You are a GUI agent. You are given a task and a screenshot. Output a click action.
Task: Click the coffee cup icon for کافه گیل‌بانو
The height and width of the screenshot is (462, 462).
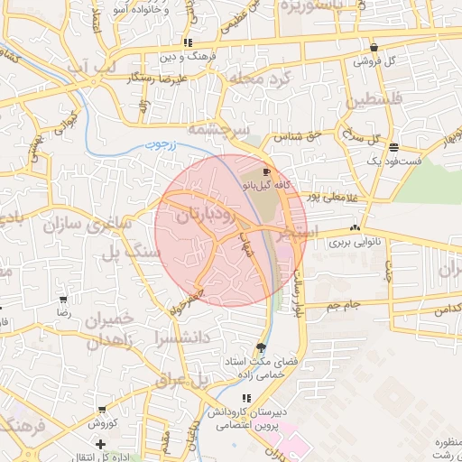[265, 171]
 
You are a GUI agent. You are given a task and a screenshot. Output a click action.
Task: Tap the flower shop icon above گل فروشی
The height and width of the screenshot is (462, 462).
[374, 48]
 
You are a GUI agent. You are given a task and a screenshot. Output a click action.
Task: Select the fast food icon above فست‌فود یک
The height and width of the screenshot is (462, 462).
[393, 146]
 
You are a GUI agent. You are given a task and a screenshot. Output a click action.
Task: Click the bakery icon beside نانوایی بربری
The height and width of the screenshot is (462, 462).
[354, 229]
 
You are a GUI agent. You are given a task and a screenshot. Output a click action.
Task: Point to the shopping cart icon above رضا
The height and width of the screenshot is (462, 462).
[63, 299]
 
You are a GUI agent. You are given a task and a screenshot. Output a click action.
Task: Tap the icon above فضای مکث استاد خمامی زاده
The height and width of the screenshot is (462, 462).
[262, 347]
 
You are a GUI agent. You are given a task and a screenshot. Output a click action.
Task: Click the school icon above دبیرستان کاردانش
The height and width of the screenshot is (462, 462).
[245, 398]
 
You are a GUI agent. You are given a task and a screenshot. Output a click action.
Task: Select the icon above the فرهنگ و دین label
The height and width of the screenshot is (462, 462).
[188, 42]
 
